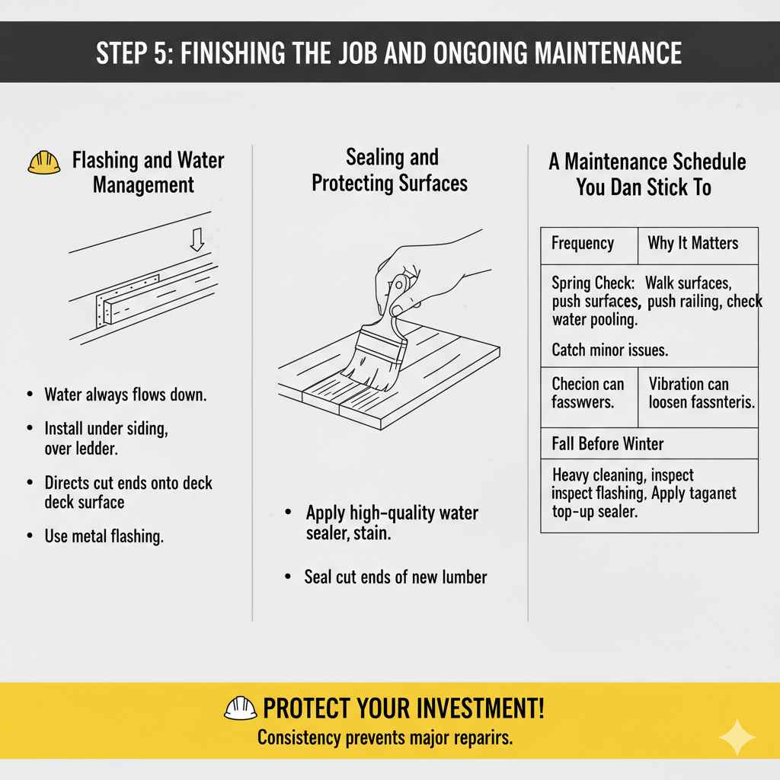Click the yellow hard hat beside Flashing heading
pyautogui.click(x=43, y=163)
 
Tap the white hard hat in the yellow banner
pyautogui.click(x=240, y=708)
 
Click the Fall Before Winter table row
pyautogui.click(x=649, y=443)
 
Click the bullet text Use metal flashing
pyautogui.click(x=104, y=536)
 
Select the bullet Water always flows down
pyautogui.click(x=126, y=395)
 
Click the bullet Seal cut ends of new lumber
pyautogui.click(x=395, y=577)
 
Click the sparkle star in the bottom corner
pyautogui.click(x=737, y=737)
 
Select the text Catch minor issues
pyautogui.click(x=609, y=350)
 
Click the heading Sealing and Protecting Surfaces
pyautogui.click(x=390, y=171)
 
